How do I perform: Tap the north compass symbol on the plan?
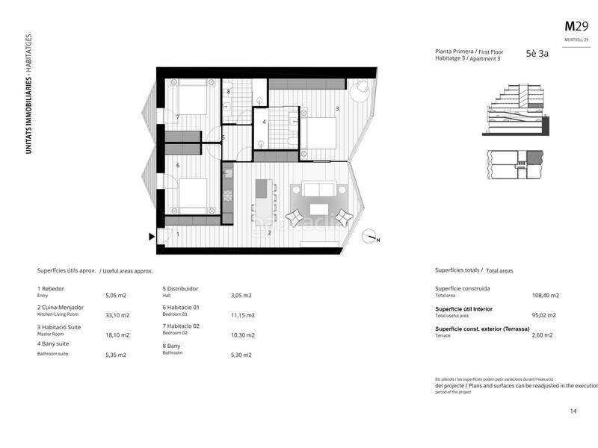click(369, 237)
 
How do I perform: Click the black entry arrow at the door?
click(152, 237)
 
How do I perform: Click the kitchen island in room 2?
click(262, 200)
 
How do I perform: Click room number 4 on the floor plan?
click(264, 121)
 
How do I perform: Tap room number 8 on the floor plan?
click(229, 92)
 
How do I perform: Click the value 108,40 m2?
click(545, 296)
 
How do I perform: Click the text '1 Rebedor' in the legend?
click(51, 288)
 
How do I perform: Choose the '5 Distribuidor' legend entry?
click(182, 288)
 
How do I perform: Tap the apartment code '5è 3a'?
click(537, 54)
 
